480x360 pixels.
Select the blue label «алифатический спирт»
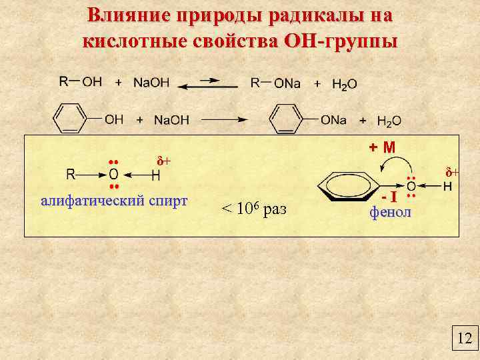114,201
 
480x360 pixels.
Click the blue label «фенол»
391,213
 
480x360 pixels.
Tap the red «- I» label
391,197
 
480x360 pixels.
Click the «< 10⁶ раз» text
253,209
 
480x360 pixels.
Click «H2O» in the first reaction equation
345,84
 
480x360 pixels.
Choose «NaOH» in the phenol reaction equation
171,120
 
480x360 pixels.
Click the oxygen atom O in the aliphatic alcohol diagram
113,175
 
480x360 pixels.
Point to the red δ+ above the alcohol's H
163,161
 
